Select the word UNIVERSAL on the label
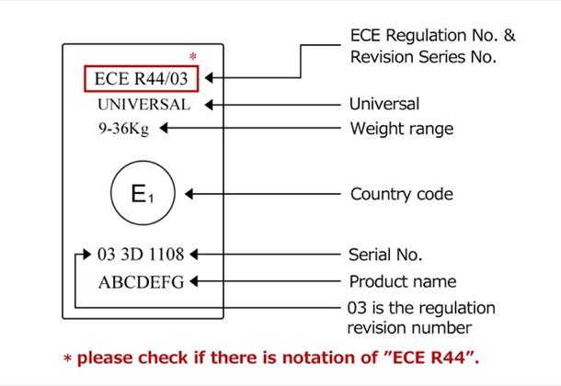coord(143,104)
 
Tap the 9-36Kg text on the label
coord(123,129)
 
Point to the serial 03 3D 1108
coord(141,254)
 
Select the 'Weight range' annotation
coord(401,129)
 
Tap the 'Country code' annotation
coord(402,195)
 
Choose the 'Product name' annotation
coord(403,281)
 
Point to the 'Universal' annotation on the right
coord(384,104)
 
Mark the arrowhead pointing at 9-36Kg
coord(164,129)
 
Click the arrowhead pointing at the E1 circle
coord(189,195)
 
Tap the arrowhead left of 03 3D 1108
coord(86,254)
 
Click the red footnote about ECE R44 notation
coord(276,356)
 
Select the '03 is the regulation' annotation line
coord(422,307)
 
